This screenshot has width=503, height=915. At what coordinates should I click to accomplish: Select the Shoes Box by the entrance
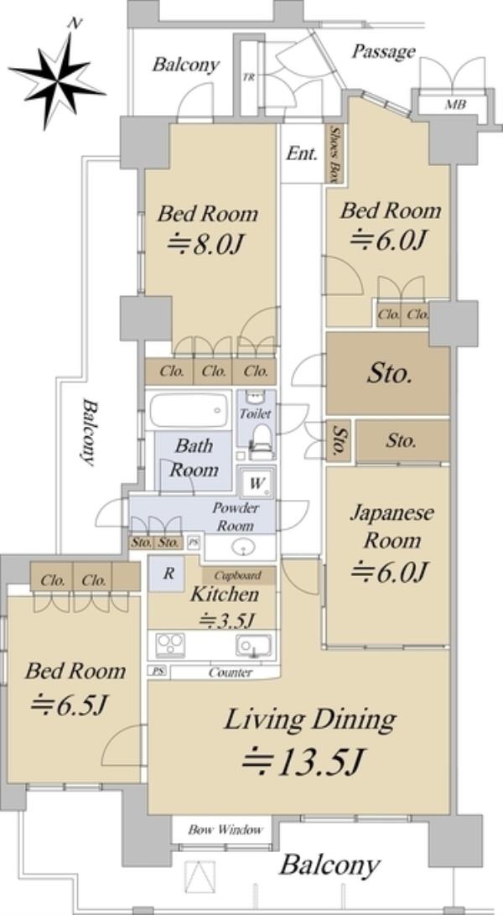point(334,153)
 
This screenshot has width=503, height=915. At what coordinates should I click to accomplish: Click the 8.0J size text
point(205,245)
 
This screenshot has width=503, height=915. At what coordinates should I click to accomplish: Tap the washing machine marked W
point(257,483)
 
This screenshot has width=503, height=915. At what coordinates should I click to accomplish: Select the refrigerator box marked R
point(168,573)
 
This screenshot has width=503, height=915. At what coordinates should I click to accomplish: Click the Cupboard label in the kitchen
point(240,575)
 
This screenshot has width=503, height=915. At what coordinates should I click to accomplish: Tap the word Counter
point(231,673)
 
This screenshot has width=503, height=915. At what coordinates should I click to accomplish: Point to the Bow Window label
point(226,829)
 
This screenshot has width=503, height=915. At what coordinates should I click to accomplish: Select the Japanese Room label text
point(392,528)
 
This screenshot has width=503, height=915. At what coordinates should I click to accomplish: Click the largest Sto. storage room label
point(389,373)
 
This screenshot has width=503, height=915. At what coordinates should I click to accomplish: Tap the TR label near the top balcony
point(249,78)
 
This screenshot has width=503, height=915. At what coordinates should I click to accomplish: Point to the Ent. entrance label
point(303,153)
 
